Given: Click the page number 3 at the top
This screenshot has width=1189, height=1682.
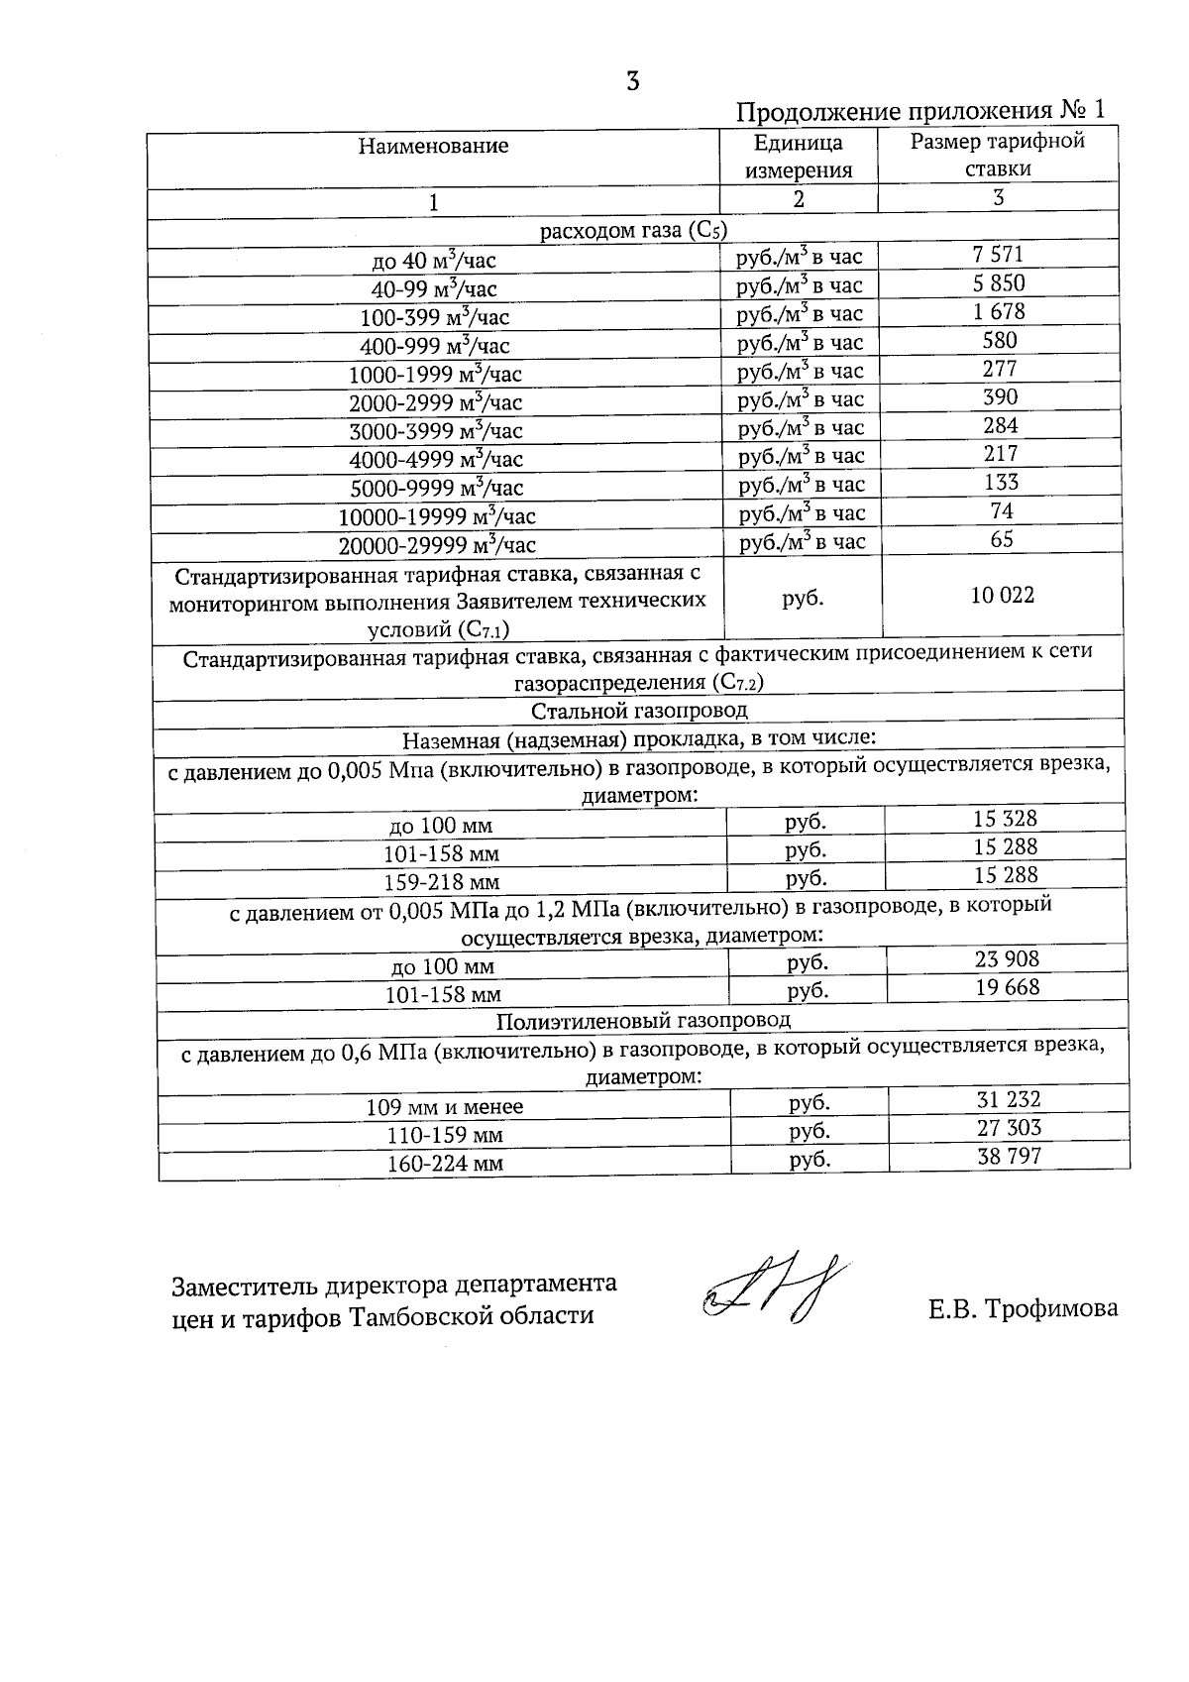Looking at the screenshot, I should [x=632, y=81].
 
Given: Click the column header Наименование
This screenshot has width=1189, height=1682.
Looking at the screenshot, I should [x=433, y=146].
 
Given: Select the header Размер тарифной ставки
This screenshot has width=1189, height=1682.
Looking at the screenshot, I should [x=998, y=155].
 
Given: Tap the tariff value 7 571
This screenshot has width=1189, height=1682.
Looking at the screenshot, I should [x=998, y=255].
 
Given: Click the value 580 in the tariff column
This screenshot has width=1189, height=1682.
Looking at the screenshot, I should [x=998, y=340].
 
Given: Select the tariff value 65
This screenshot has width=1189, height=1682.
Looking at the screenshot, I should [x=1001, y=539].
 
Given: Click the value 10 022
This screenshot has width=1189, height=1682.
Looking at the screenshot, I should [x=1002, y=595].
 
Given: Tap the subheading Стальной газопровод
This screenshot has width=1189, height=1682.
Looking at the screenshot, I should [x=639, y=711].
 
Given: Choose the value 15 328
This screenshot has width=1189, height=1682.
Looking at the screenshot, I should [x=1005, y=818].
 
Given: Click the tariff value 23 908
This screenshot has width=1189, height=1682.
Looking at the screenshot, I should [x=1007, y=958].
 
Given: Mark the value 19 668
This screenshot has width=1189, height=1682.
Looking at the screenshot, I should [x=1007, y=986].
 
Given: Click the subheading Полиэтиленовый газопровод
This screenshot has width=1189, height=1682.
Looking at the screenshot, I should [x=643, y=1019].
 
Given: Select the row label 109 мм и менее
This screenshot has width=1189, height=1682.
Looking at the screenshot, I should [x=445, y=1106].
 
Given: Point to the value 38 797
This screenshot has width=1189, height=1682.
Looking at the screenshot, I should [x=1010, y=1155].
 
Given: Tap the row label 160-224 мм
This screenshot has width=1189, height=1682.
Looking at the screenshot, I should [x=445, y=1163].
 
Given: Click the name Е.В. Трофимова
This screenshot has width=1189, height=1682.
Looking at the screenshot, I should [x=1023, y=1308].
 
